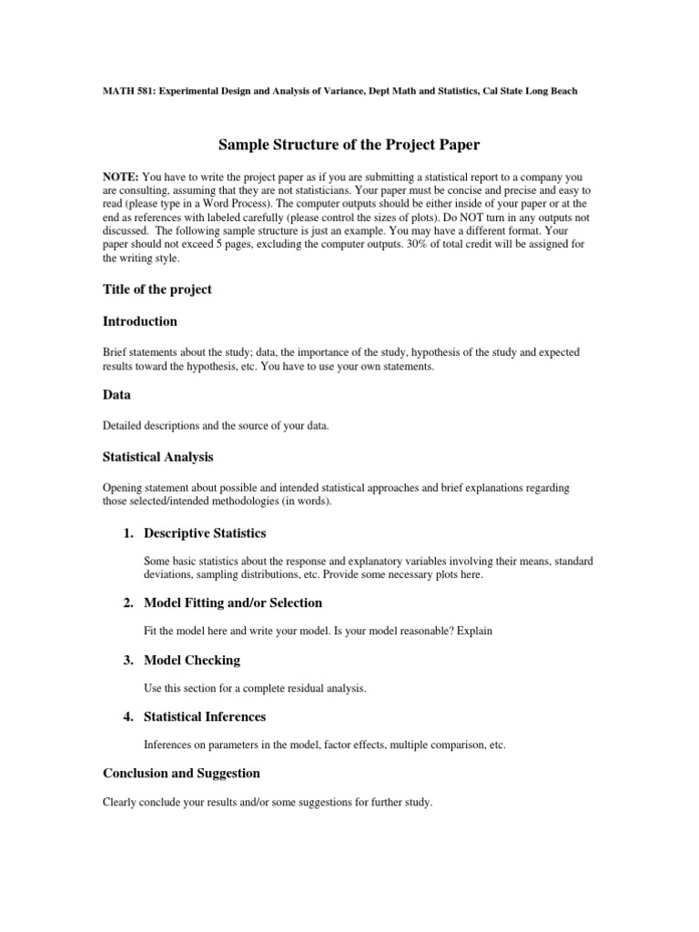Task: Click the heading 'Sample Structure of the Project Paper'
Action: point(349,145)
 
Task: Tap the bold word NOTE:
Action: point(120,175)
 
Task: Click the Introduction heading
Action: point(140,321)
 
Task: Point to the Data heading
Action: point(116,395)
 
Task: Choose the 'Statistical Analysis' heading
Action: point(158,456)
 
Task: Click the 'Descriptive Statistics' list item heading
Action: point(205,532)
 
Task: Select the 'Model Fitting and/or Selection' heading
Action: point(233,603)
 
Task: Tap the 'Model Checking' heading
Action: point(192,659)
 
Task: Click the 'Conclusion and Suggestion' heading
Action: point(181,773)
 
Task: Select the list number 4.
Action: point(128,716)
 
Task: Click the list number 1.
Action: point(128,532)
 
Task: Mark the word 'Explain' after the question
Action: point(473,631)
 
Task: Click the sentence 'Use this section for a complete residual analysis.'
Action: point(255,688)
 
